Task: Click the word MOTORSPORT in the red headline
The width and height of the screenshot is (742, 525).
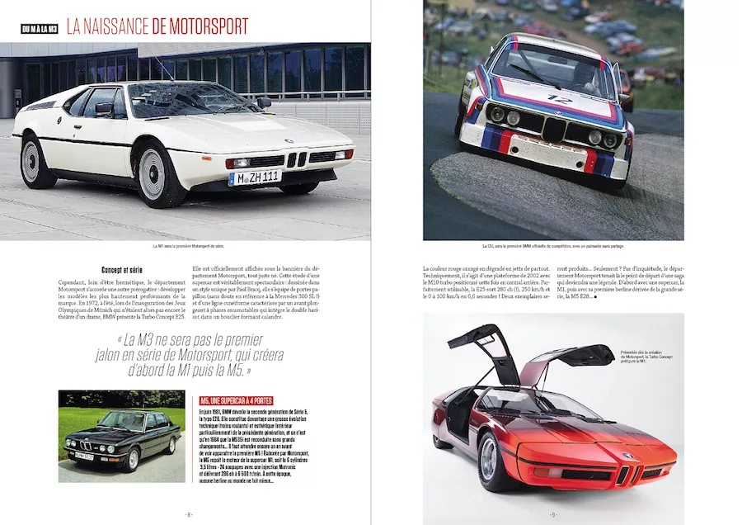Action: pyautogui.click(x=200, y=27)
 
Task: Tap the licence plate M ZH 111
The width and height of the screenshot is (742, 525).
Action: pyautogui.click(x=255, y=177)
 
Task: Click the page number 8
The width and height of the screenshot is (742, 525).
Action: pyautogui.click(x=189, y=514)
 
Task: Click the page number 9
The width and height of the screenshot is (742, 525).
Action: pyautogui.click(x=554, y=514)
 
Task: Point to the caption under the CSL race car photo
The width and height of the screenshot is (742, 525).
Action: pyautogui.click(x=553, y=246)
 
